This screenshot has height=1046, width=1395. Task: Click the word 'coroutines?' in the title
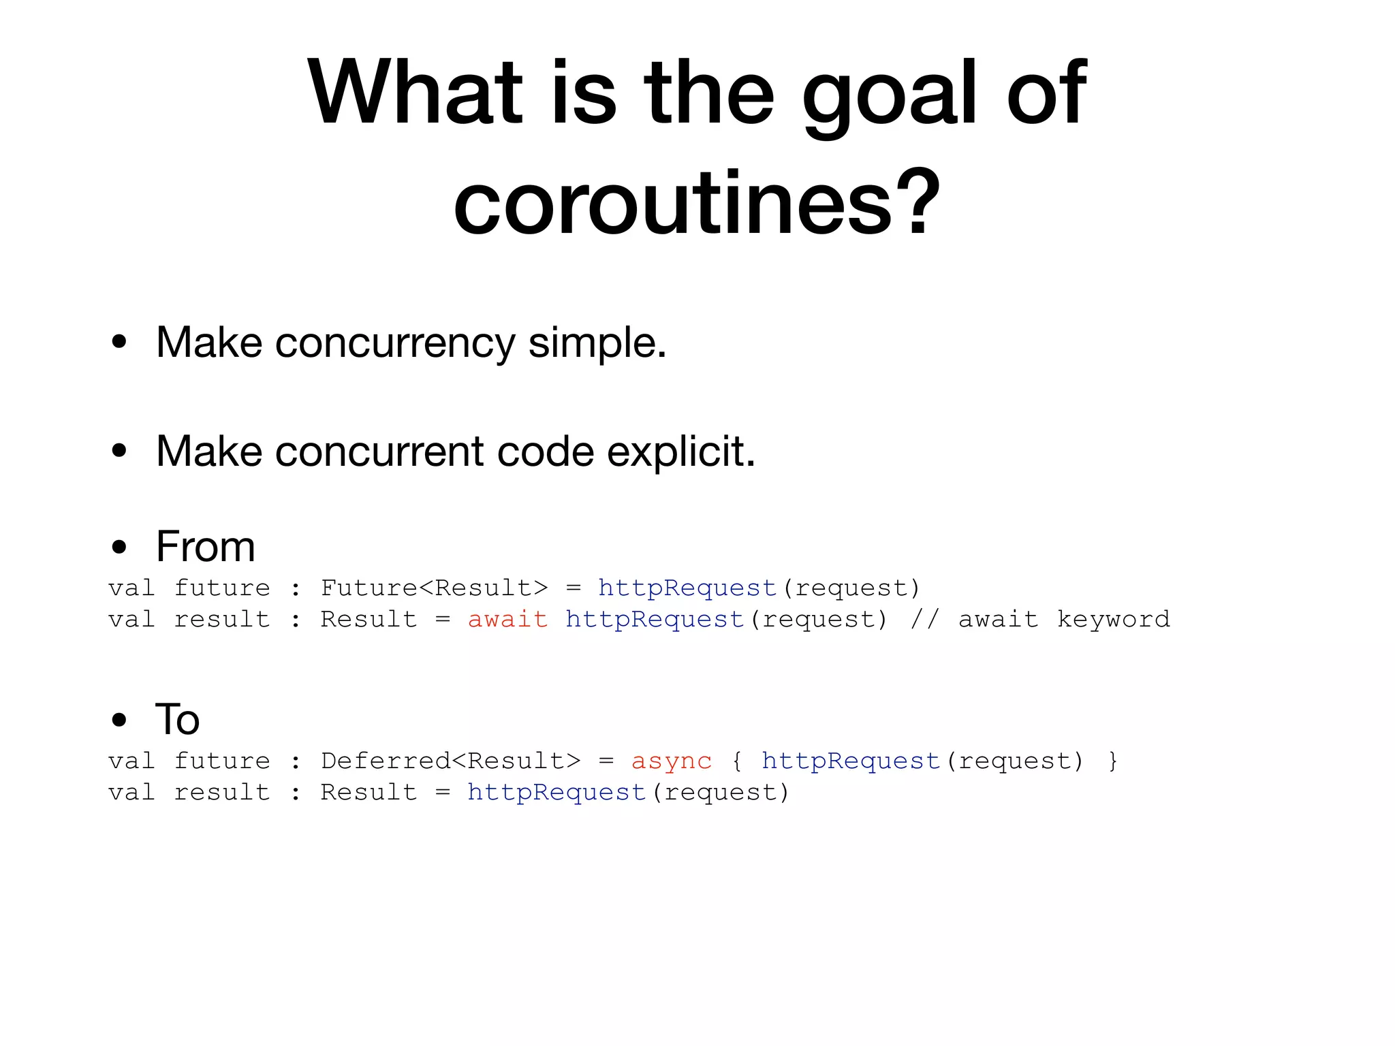tap(697, 203)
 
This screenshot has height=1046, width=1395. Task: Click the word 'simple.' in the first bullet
tap(597, 342)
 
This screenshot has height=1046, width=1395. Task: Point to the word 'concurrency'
tap(395, 343)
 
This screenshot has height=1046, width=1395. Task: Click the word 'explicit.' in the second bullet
tap(680, 451)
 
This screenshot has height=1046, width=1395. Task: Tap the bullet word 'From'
tap(205, 546)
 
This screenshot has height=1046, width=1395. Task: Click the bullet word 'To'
tap(177, 719)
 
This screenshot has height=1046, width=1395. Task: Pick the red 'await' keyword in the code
tap(507, 619)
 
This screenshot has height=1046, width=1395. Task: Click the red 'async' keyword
tap(672, 761)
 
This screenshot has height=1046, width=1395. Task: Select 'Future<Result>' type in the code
tap(434, 588)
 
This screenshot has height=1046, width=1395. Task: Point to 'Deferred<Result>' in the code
tap(450, 761)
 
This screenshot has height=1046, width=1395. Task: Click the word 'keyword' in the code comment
tap(1113, 619)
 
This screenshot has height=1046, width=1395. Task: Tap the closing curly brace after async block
tap(1112, 761)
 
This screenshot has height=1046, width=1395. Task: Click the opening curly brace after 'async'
tap(736, 761)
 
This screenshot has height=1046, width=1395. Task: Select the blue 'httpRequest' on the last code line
tap(557, 792)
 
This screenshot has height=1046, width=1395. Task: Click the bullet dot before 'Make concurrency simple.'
tap(119, 342)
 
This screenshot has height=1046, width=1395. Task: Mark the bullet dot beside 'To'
tap(119, 720)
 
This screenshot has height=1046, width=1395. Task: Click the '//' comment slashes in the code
tap(924, 619)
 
